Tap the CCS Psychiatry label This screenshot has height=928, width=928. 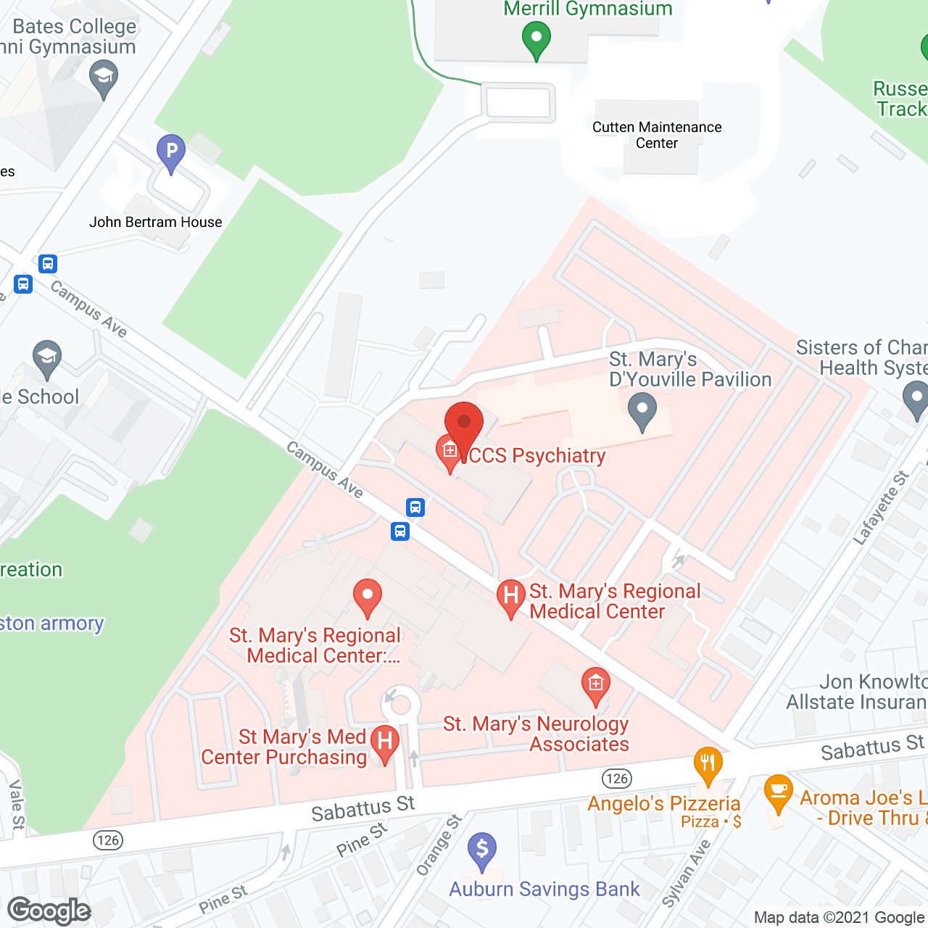(x=536, y=455)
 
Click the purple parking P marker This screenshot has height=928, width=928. (x=171, y=152)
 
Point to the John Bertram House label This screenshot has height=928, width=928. (x=155, y=222)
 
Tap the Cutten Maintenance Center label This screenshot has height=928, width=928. (x=657, y=135)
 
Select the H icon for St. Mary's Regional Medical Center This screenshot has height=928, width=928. (x=511, y=596)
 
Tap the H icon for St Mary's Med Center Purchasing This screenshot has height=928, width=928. (x=385, y=742)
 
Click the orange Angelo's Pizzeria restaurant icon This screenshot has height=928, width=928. (x=708, y=764)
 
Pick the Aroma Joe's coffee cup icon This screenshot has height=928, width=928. (x=778, y=792)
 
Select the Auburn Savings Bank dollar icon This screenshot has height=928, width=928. (x=482, y=850)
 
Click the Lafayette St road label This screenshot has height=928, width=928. (x=881, y=507)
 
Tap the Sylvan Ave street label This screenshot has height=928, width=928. (x=686, y=874)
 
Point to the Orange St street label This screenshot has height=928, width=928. (x=439, y=845)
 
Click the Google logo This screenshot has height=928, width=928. (x=49, y=911)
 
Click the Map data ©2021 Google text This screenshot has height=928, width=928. (x=840, y=918)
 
